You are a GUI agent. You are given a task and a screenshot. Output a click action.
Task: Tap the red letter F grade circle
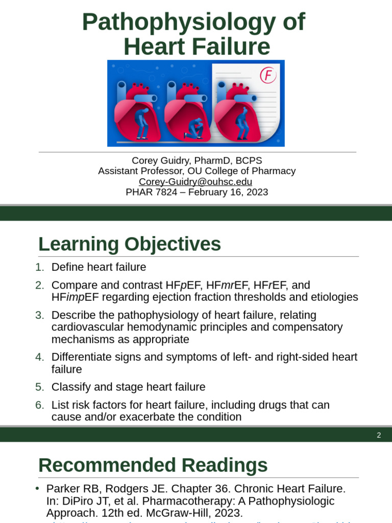(x=268, y=75)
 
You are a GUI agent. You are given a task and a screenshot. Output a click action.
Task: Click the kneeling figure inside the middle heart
(x=194, y=128)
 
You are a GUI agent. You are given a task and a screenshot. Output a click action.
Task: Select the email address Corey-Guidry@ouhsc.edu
(x=195, y=182)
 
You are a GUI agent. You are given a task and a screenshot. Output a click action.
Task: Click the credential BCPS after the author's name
(x=246, y=160)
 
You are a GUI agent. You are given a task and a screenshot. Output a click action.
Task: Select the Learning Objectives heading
(x=130, y=244)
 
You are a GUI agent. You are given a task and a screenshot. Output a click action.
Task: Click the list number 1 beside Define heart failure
(x=40, y=267)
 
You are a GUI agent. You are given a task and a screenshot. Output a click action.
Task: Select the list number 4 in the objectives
(x=40, y=357)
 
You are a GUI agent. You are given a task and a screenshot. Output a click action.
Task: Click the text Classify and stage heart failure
(x=128, y=387)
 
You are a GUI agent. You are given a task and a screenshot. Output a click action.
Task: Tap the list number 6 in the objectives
(x=40, y=405)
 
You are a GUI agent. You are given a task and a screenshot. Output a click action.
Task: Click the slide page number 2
(x=379, y=435)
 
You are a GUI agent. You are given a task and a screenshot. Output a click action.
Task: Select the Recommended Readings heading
(x=153, y=465)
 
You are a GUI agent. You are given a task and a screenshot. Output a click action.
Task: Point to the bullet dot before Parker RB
(x=37, y=488)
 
